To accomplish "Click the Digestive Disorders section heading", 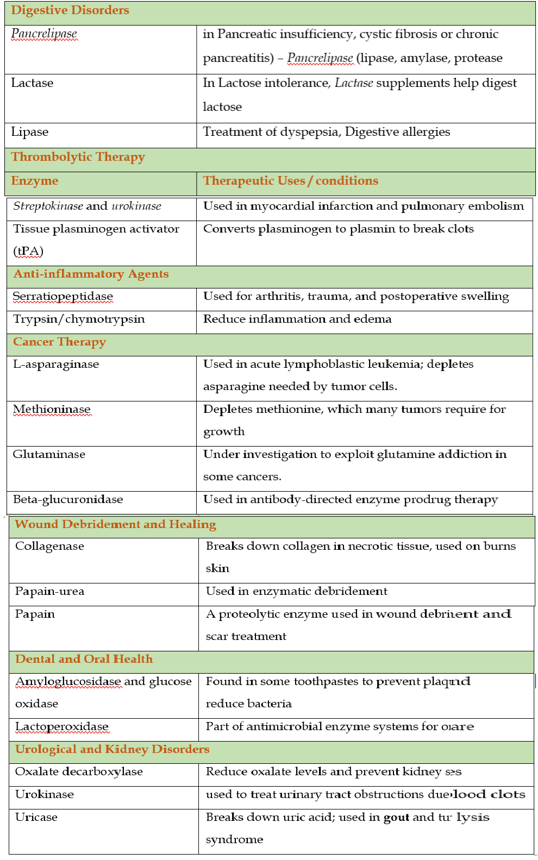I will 70,10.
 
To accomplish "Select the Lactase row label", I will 32,83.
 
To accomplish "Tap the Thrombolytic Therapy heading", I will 78,157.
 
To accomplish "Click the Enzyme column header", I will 35,181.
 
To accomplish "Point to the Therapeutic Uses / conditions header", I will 290,181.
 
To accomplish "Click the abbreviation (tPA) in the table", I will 28,251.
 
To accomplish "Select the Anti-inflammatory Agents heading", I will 91,274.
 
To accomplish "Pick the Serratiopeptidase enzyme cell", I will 63,297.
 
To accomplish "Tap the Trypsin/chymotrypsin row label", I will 79,319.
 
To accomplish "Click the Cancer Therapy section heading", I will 59,342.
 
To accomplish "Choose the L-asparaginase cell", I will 56,364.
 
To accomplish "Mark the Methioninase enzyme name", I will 52,409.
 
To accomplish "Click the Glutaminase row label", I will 49,454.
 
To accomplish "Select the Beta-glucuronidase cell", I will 68,499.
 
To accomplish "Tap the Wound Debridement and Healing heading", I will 115,524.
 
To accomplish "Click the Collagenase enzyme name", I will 49,546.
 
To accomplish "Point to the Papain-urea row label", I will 49,591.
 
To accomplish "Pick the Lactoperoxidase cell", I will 62,726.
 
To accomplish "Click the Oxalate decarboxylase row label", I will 79,771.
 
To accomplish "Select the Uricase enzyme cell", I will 36,817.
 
